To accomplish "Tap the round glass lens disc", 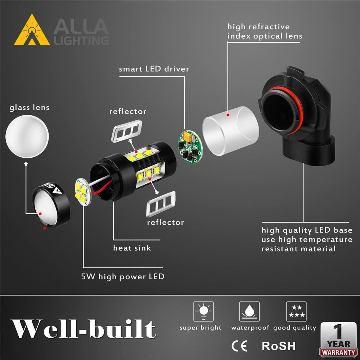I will [x=27, y=136].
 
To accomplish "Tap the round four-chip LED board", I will [x=82, y=192].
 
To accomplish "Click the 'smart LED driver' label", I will [x=154, y=69].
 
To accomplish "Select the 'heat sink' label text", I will [x=132, y=248].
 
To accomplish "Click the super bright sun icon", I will [x=203, y=311].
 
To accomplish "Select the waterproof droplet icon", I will [x=249, y=311].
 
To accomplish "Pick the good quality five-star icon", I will [x=296, y=311].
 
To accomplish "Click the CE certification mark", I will [x=239, y=346].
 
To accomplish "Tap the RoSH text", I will [x=278, y=346].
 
